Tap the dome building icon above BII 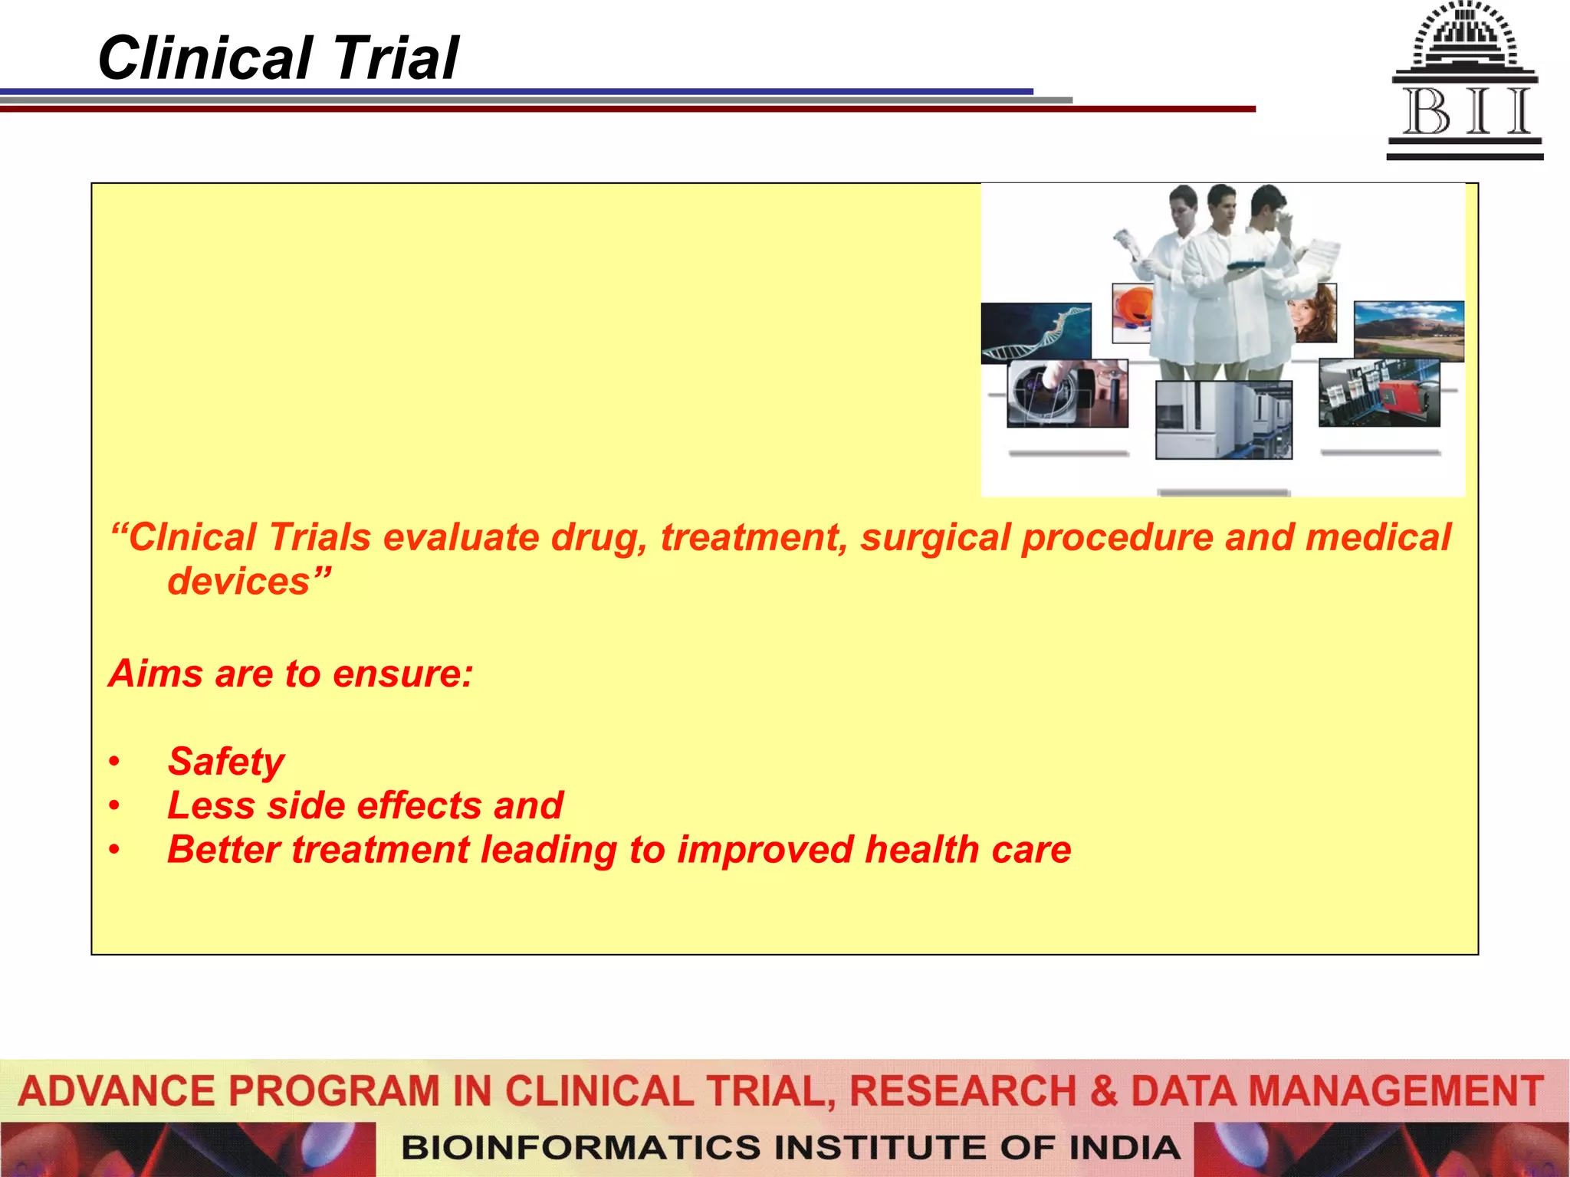(1465, 38)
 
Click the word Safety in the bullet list (226, 762)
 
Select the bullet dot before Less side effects (114, 806)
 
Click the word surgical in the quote (934, 537)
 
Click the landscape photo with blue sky (1408, 329)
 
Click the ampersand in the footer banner (1103, 1091)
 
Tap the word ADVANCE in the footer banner (117, 1091)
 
